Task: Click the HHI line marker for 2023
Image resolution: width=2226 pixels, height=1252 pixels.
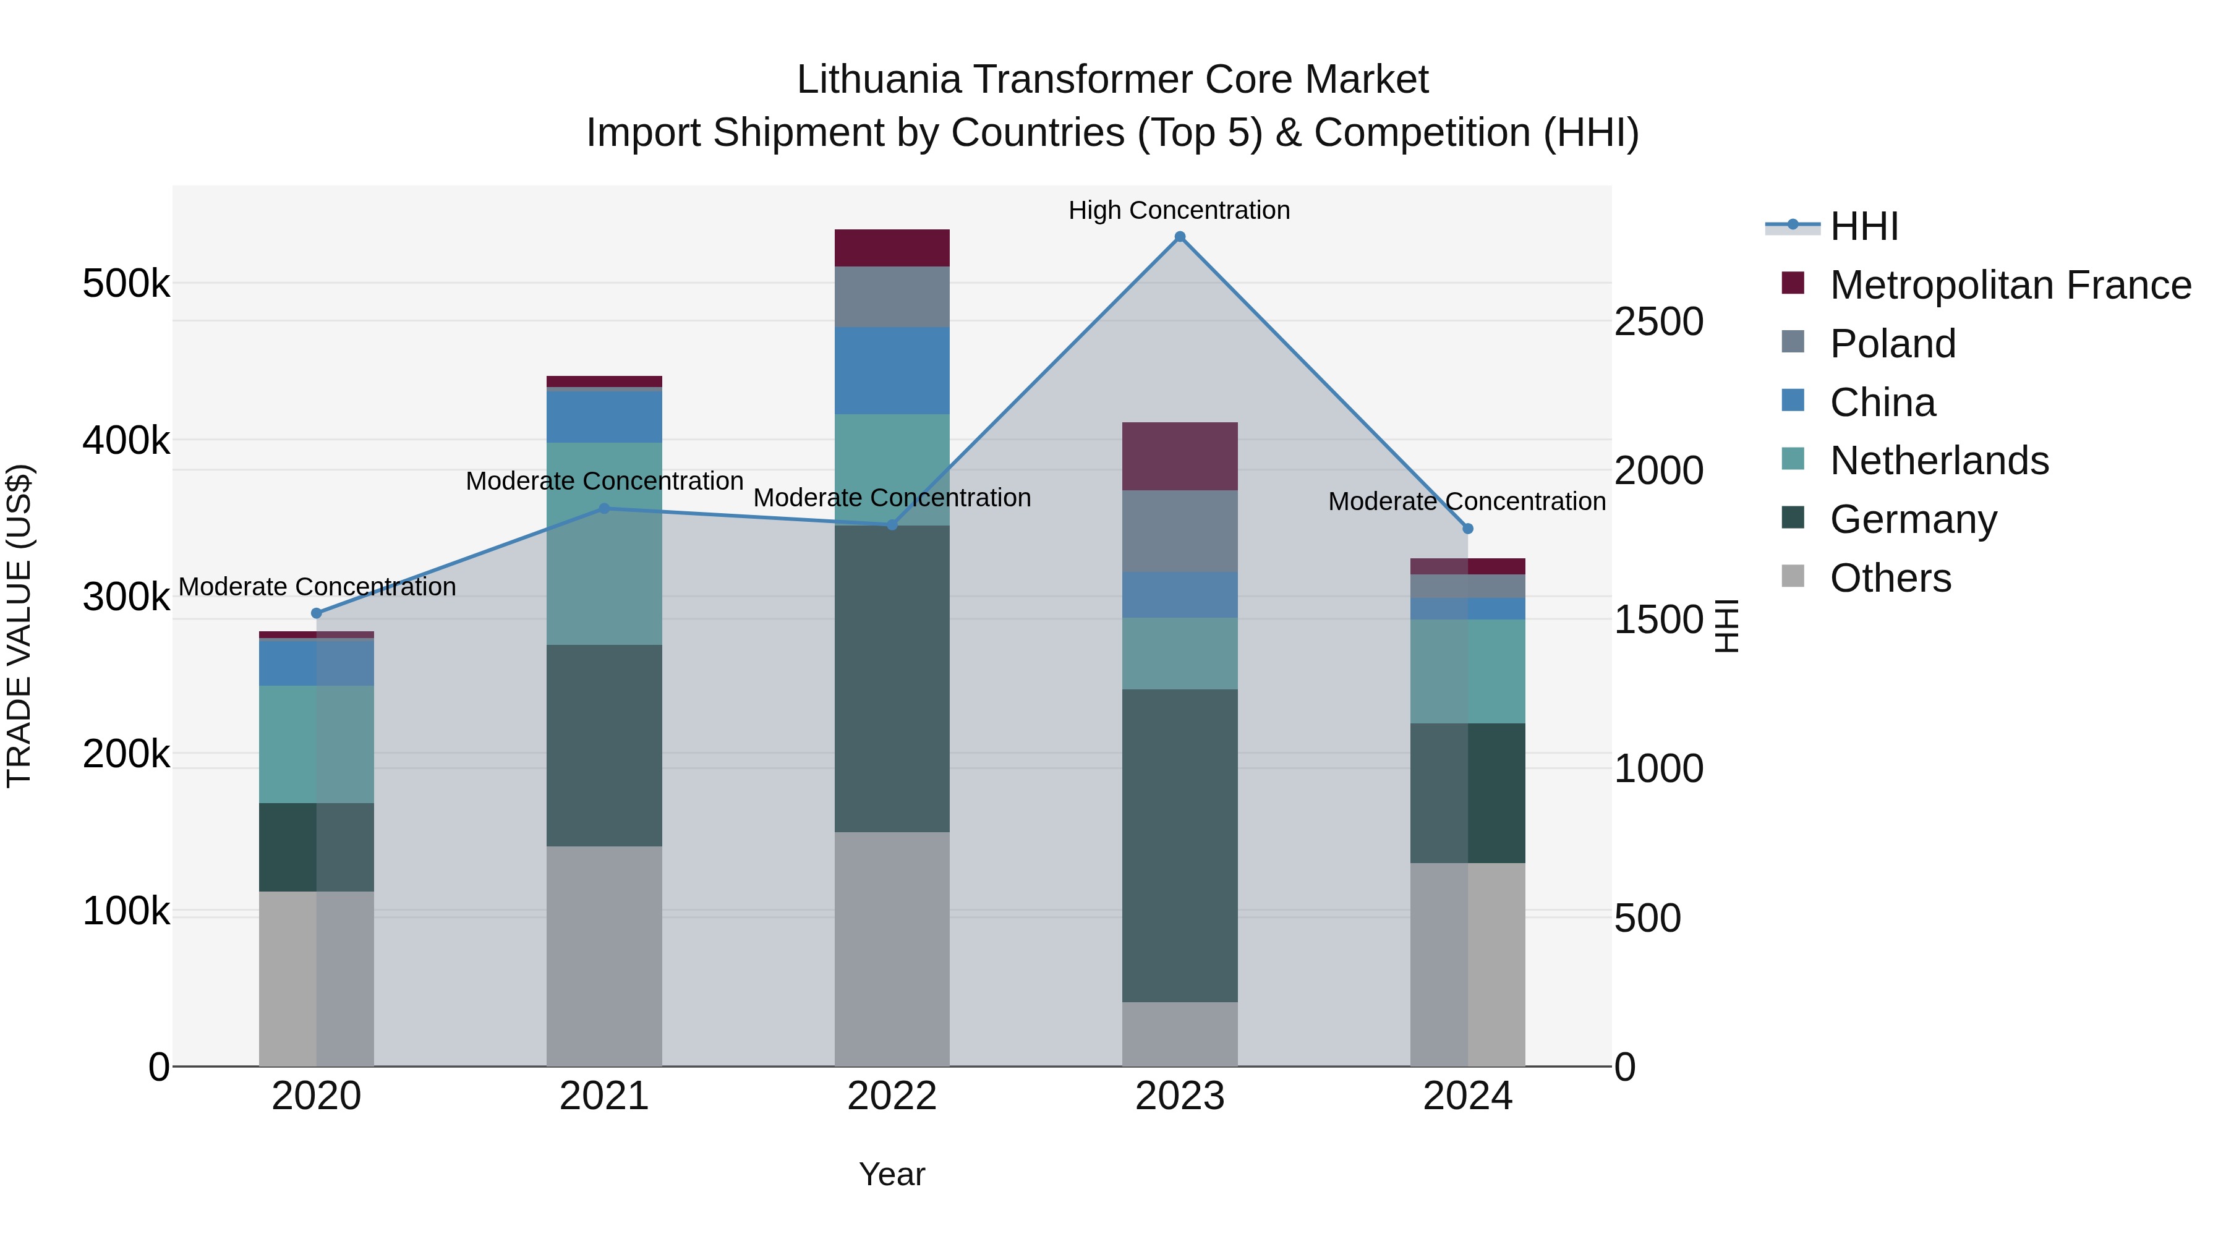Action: (x=1180, y=237)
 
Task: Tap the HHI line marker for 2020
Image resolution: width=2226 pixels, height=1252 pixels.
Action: (x=316, y=613)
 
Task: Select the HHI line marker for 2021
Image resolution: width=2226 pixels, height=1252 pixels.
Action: (x=604, y=509)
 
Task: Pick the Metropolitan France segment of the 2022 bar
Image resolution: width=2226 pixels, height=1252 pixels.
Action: (x=892, y=248)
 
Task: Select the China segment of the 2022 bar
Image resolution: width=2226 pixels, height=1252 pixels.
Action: (x=892, y=371)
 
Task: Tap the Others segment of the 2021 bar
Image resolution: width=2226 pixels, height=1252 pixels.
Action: (x=604, y=956)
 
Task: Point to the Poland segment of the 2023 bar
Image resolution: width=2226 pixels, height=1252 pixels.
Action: (x=1180, y=531)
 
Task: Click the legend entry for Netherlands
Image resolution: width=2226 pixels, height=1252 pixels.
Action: (x=1938, y=461)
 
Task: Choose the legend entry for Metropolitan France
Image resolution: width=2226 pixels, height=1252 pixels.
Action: (x=2010, y=285)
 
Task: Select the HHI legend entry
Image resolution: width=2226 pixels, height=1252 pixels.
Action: (x=1863, y=226)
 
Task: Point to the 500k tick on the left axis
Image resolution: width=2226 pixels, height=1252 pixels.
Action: (x=126, y=283)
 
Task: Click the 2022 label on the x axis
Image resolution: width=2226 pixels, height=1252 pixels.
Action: (x=892, y=1096)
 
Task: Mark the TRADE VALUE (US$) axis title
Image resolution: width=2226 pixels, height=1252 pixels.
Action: (x=19, y=626)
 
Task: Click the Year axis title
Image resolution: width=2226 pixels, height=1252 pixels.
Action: (x=892, y=1174)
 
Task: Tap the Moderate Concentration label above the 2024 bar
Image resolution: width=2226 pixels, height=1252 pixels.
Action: (x=1467, y=501)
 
